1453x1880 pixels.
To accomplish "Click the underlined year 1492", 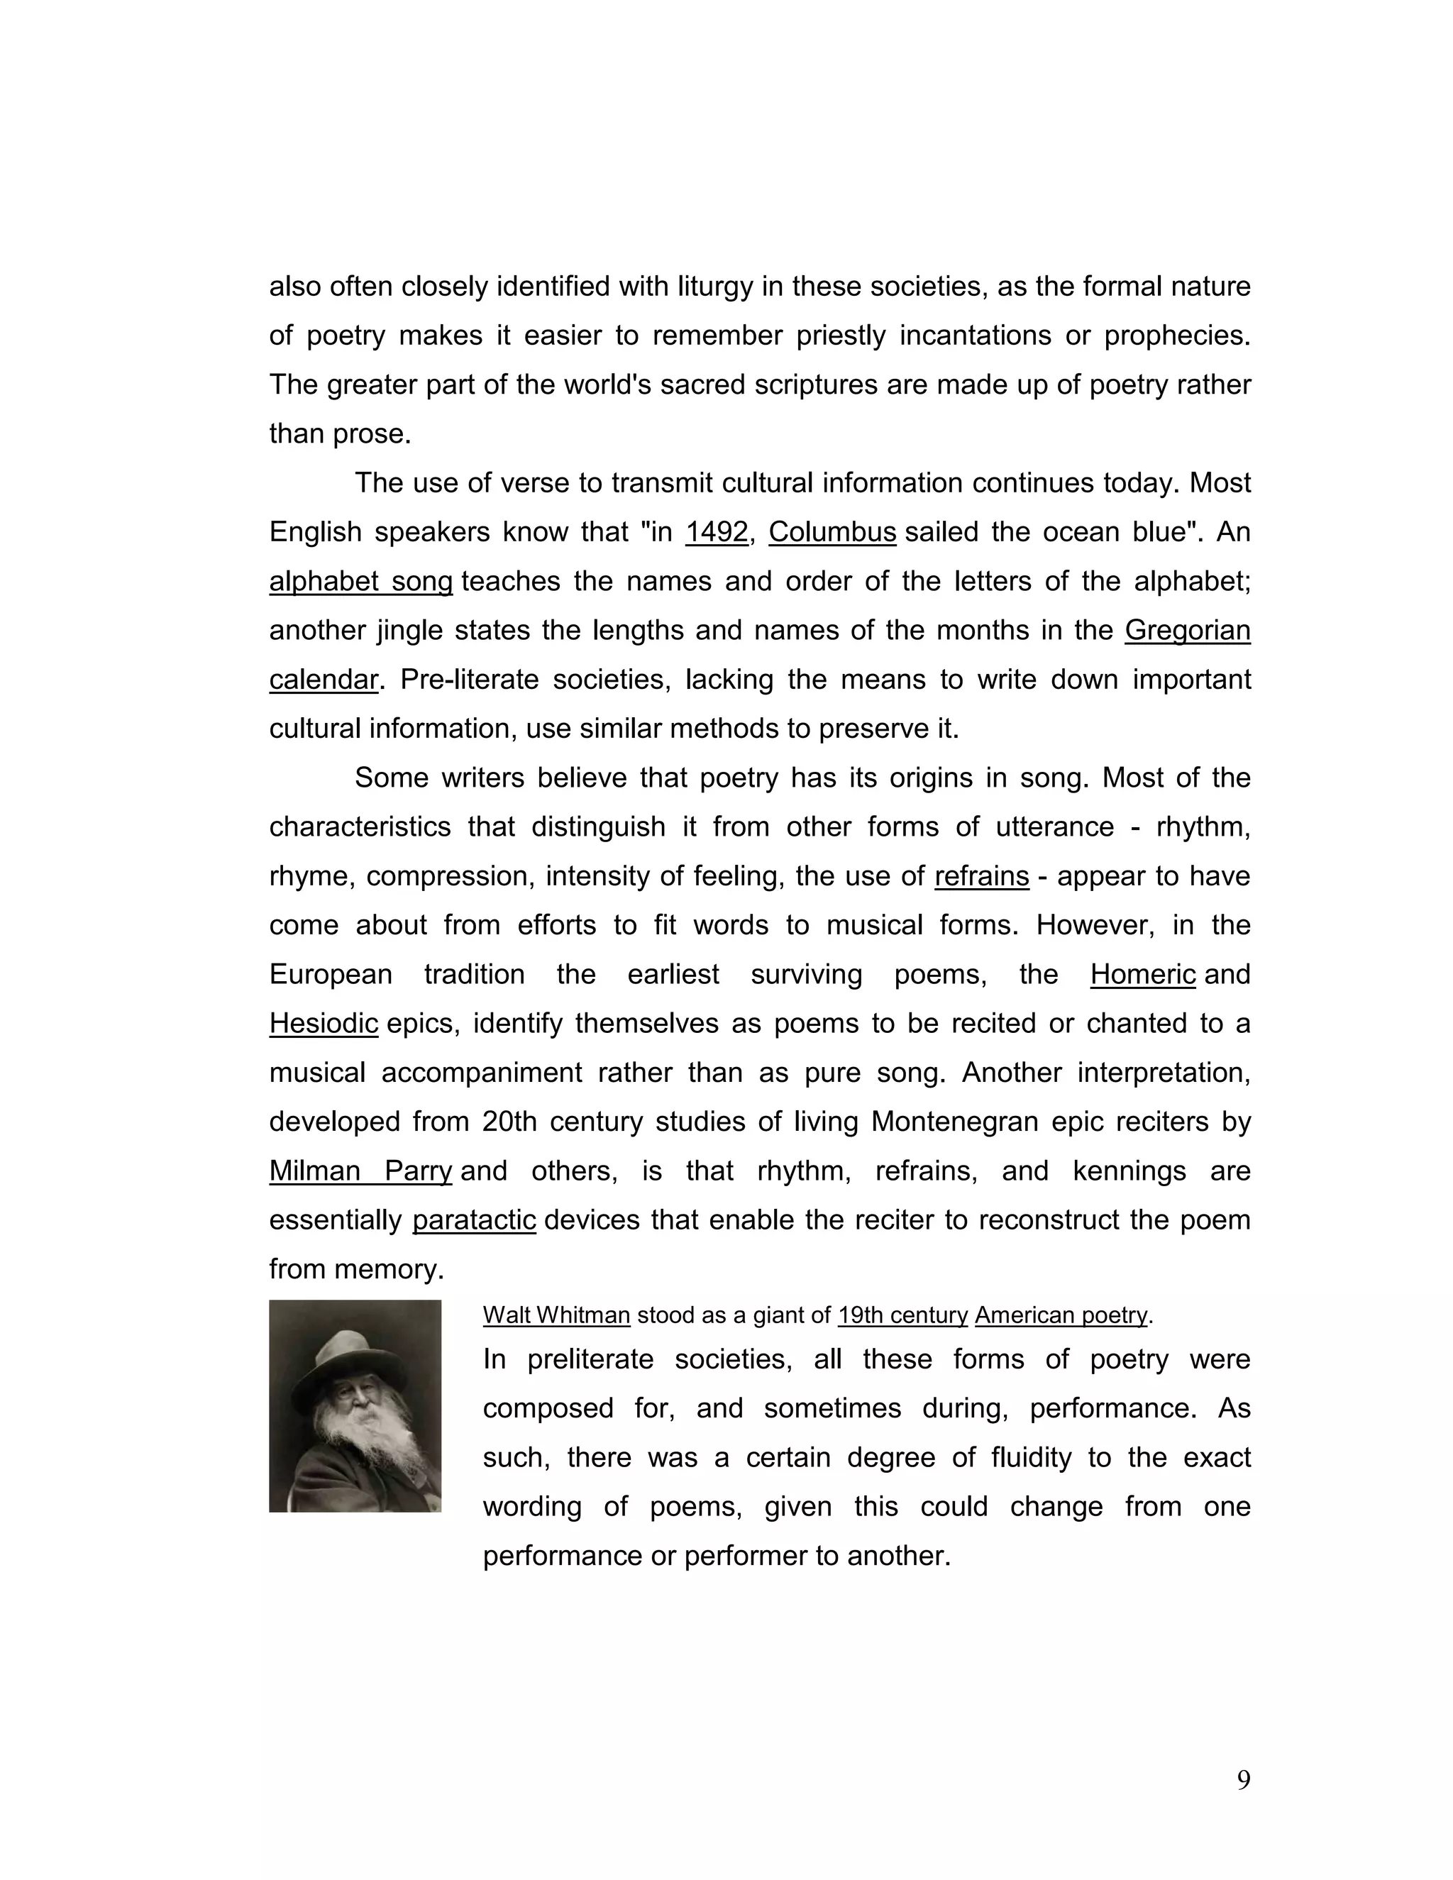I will click(716, 533).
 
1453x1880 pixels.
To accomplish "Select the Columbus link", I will click(832, 533).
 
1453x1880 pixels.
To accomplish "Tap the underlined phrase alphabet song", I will click(360, 582).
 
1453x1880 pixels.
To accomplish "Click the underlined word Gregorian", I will click(1186, 631).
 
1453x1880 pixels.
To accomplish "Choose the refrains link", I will click(981, 876).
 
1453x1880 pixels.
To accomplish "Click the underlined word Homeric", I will click(1142, 975).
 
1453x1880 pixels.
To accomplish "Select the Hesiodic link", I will click(324, 1024).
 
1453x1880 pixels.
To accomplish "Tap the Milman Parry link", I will click(360, 1171).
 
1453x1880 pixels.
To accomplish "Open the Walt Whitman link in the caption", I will click(556, 1315).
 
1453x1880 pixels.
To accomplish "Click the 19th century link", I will click(902, 1315).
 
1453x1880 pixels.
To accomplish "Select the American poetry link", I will click(1061, 1315).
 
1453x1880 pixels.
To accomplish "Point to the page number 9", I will click(1243, 1780).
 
